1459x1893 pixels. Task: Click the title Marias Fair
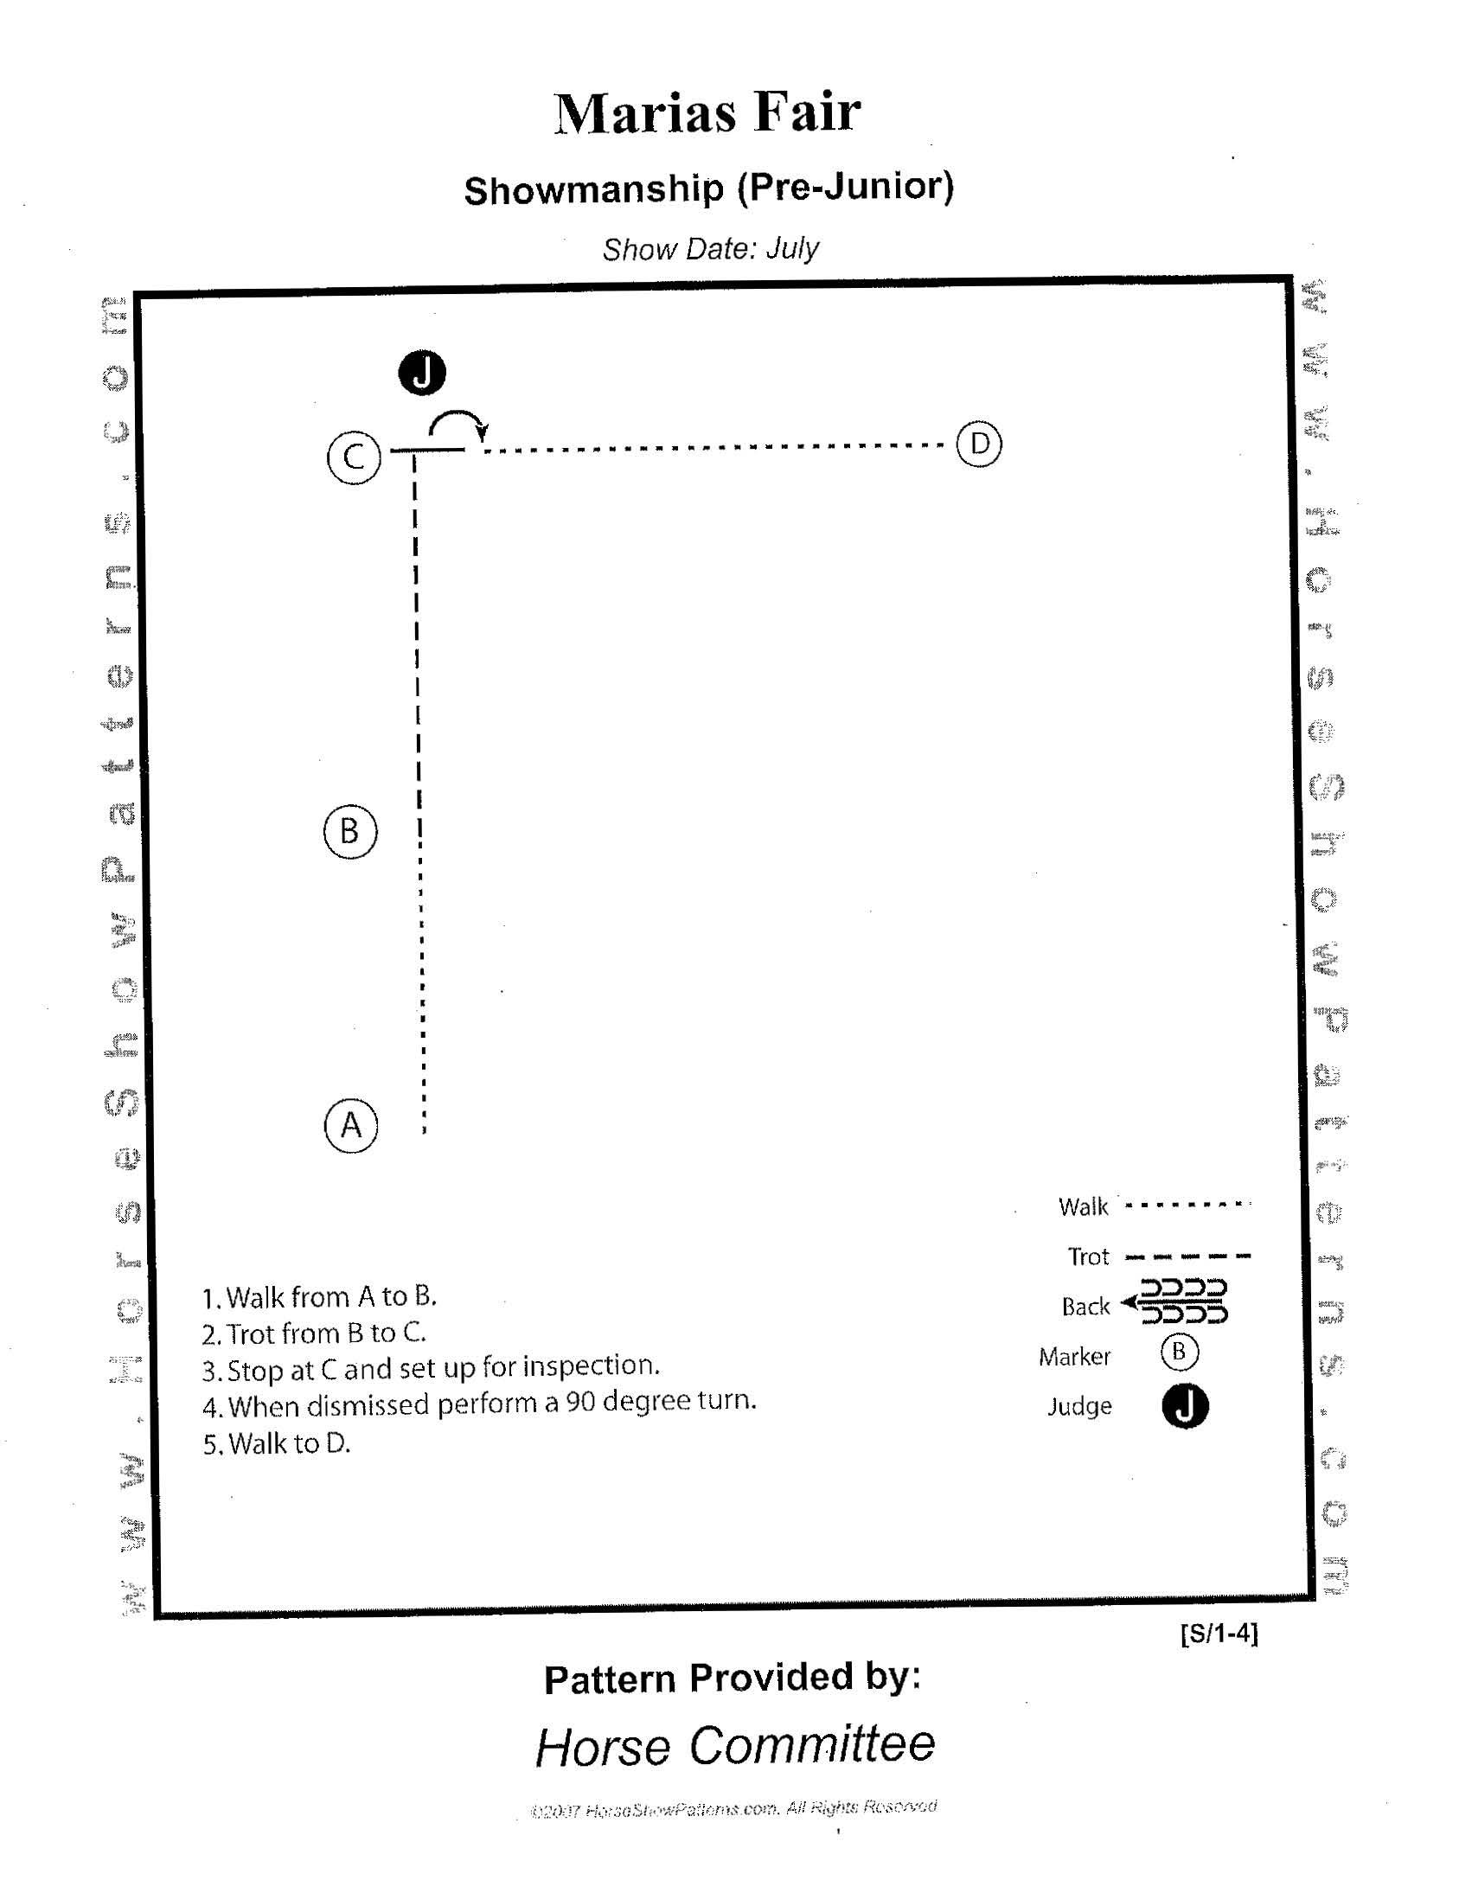pos(707,112)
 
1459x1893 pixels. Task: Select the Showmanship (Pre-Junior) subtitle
pos(708,189)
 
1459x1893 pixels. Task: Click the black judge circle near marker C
pos(421,373)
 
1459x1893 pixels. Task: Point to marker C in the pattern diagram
pos(354,457)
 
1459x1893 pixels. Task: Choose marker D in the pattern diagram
pos(979,444)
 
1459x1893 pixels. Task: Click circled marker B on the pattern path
pos(350,831)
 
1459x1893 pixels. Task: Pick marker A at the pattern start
pos(351,1126)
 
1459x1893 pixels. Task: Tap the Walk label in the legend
pos(1083,1206)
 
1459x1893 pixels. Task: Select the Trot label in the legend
pos(1088,1256)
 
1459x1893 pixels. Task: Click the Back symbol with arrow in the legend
pos(1175,1301)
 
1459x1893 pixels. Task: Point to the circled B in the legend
pos(1179,1353)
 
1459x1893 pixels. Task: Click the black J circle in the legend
pos(1184,1405)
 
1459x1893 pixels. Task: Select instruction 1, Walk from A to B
pos(319,1296)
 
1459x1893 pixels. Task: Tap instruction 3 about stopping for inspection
pos(431,1369)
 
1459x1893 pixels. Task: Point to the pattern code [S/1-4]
pos(1218,1633)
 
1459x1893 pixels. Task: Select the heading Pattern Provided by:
pos(732,1678)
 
